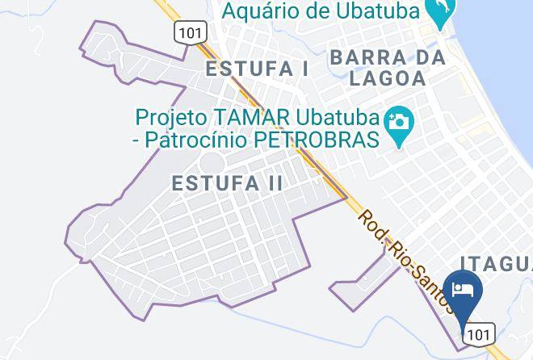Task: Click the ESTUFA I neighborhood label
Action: tap(257, 69)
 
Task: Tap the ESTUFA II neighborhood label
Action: tap(227, 183)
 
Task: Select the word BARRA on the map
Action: tap(376, 57)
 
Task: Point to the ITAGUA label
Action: tap(496, 263)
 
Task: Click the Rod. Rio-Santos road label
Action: tap(405, 259)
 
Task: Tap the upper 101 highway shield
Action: tap(190, 31)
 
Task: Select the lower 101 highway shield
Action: tap(479, 333)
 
